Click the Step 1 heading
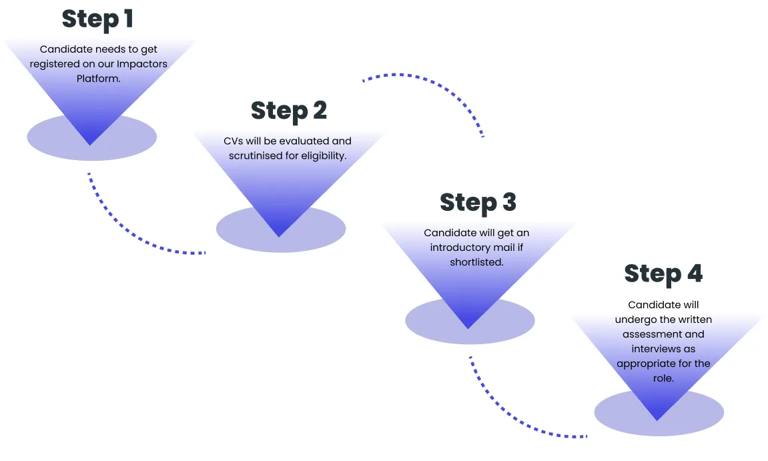click(x=97, y=19)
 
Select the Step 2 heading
click(x=289, y=111)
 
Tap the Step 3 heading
click(x=478, y=203)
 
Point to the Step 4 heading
click(x=663, y=274)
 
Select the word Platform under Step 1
click(x=98, y=79)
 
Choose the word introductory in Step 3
click(x=460, y=248)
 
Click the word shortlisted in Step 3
click(x=476, y=262)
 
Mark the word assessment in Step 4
click(x=663, y=334)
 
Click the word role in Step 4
click(x=662, y=378)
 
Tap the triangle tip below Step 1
click(x=89, y=143)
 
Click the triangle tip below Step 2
click(x=280, y=235)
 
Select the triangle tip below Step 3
click(x=468, y=327)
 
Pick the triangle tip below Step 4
click(x=657, y=419)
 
